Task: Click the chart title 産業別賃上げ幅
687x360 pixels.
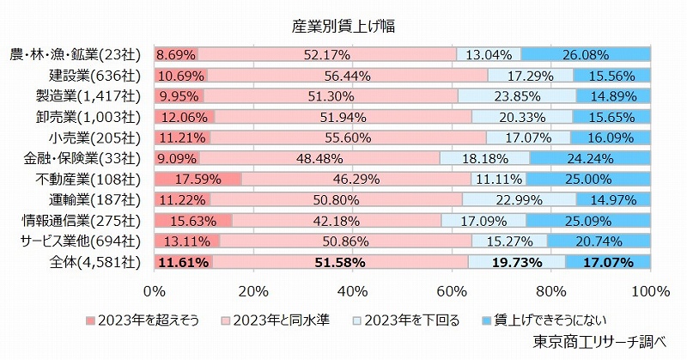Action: pos(343,27)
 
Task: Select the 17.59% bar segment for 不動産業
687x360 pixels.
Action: pos(198,179)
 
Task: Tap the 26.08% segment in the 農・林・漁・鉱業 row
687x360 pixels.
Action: pos(586,55)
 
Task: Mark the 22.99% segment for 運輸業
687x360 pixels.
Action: pos(519,199)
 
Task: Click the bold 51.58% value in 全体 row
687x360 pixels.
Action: pos(340,261)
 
